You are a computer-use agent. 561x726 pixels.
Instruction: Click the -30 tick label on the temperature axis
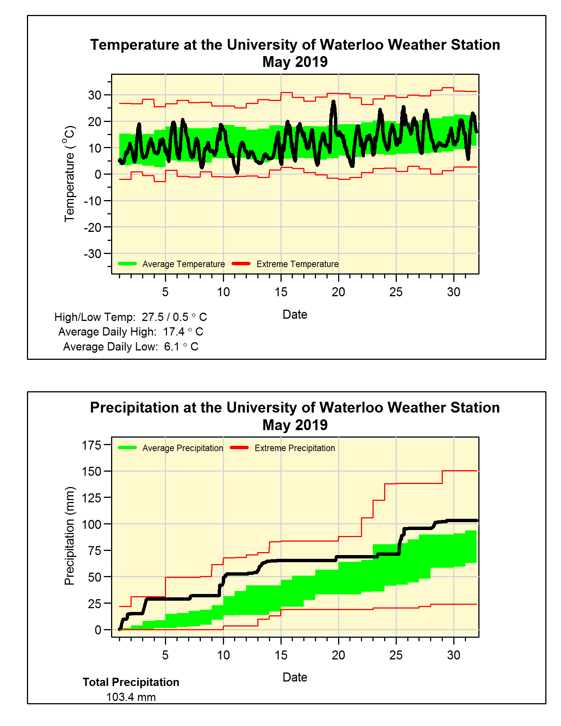93,254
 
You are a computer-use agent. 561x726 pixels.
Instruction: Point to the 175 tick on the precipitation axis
92,445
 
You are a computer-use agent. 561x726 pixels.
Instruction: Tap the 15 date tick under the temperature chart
281,292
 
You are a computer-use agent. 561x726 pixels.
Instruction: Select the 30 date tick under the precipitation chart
454,655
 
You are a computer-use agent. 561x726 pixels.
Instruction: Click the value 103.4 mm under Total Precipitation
131,697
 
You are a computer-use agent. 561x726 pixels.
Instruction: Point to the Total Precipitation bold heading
131,682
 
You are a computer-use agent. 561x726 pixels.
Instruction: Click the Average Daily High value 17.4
174,332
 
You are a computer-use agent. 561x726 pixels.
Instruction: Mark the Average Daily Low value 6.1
172,347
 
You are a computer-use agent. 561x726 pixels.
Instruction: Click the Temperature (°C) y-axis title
70,174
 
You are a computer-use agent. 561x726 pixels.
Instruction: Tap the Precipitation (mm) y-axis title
70,536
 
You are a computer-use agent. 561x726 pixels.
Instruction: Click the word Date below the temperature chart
295,315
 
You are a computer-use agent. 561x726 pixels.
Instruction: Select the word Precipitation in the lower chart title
135,408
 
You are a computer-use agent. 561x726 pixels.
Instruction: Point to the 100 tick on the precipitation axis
92,524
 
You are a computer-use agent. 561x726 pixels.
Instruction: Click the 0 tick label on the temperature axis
98,175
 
